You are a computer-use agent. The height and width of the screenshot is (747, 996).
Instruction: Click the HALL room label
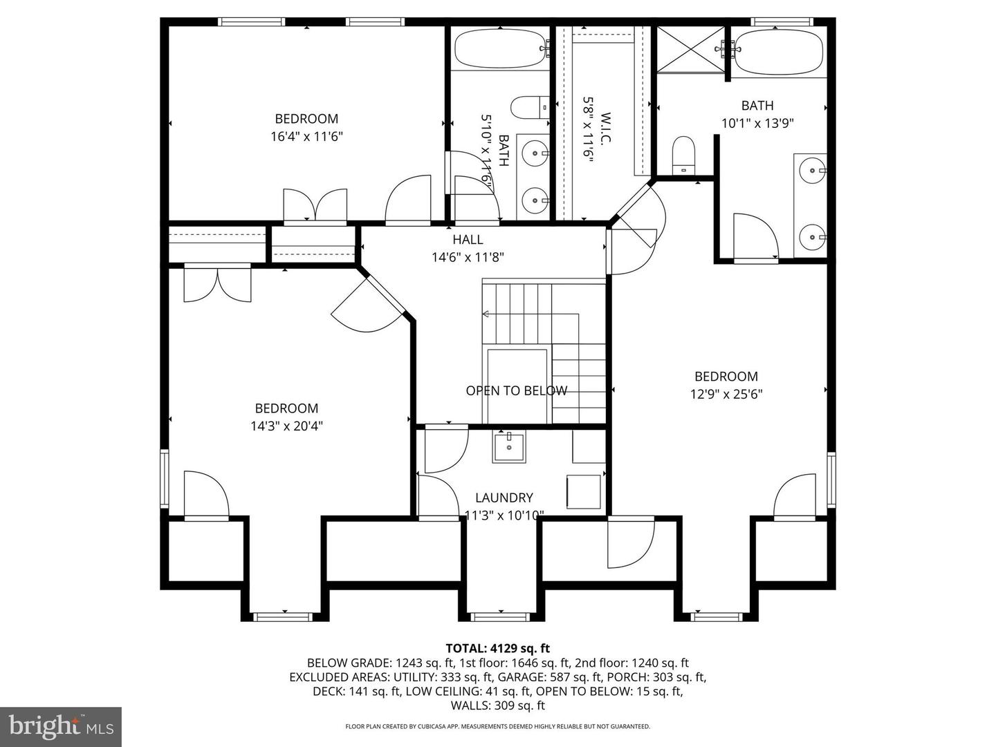[468, 240]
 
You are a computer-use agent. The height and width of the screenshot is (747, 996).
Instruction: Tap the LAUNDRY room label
[504, 498]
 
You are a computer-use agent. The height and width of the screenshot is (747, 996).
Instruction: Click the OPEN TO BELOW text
[516, 391]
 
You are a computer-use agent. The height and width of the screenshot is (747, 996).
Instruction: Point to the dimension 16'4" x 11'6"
[306, 137]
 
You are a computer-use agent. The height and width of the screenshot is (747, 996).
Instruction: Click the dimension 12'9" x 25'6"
[726, 395]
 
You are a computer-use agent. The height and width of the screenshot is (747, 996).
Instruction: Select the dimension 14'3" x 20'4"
[286, 426]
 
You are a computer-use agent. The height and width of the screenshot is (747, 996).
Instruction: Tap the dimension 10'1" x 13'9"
[757, 124]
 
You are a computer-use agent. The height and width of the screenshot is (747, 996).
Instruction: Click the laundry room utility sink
[509, 446]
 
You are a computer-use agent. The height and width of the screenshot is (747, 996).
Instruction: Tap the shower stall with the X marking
[690, 48]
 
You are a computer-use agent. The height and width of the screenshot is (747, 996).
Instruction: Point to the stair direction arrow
[486, 314]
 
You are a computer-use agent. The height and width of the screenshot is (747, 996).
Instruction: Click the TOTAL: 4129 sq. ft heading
[497, 648]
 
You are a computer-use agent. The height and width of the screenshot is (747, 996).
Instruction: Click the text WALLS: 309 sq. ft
[497, 706]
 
